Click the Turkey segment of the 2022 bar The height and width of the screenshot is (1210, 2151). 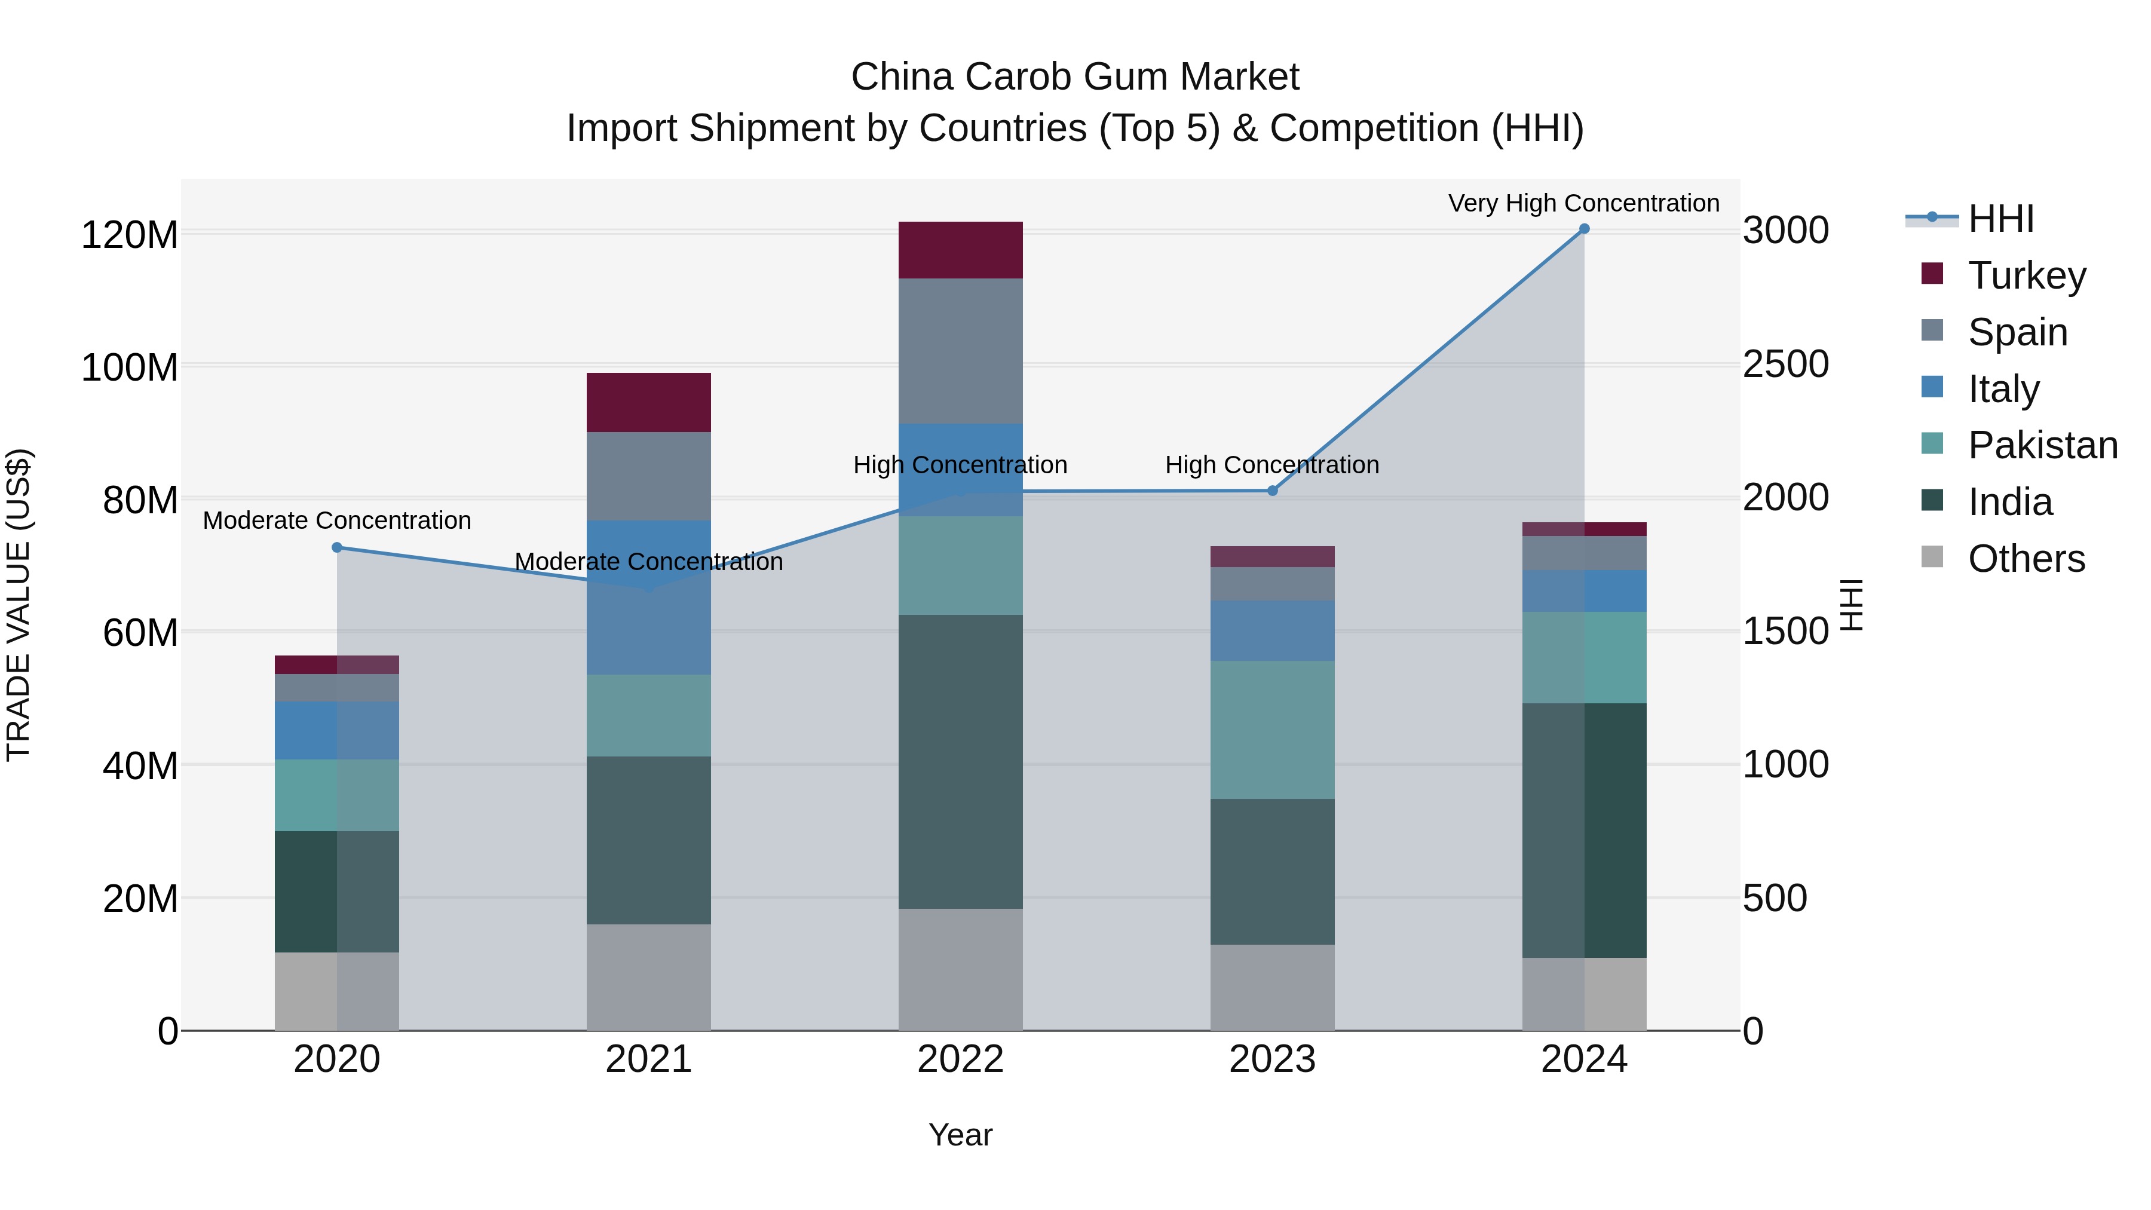960,250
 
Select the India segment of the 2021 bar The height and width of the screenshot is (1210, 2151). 649,840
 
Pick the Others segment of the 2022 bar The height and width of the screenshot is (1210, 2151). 960,970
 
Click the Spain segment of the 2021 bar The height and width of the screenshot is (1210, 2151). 649,476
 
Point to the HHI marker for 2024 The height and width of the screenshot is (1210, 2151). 1584,229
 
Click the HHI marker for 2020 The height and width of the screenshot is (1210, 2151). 338,548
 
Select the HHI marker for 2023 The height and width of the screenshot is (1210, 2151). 1273,491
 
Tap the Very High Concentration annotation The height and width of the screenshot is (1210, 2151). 1583,203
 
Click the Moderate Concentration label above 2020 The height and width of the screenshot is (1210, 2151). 338,520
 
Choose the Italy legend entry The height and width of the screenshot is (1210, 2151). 2003,389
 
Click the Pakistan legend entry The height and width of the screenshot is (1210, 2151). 2042,445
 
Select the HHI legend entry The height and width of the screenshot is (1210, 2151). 2000,219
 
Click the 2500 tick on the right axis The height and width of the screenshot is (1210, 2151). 1785,364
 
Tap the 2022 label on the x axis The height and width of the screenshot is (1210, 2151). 960,1059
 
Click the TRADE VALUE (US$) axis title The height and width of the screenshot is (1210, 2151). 19,605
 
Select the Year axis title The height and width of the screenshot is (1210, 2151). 960,1135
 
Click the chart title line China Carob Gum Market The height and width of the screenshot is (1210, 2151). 1075,77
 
